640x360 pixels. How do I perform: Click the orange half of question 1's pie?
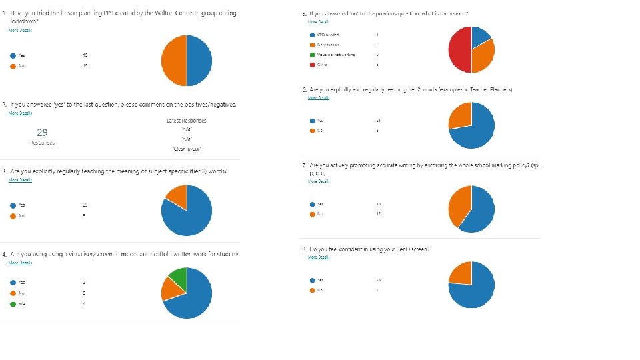coord(173,61)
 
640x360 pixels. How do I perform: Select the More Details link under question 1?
coord(19,31)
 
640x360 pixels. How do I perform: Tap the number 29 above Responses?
coord(42,133)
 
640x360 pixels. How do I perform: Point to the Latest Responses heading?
coord(186,121)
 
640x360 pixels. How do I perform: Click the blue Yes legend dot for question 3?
coord(12,206)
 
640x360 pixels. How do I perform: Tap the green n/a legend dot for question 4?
coord(12,305)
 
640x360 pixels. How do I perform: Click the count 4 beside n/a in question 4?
coord(84,305)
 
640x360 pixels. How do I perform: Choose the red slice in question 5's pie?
coord(459,51)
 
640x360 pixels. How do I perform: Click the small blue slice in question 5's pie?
coord(481,37)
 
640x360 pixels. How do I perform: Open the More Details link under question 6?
coord(319,97)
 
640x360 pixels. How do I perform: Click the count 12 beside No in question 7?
coord(378,215)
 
